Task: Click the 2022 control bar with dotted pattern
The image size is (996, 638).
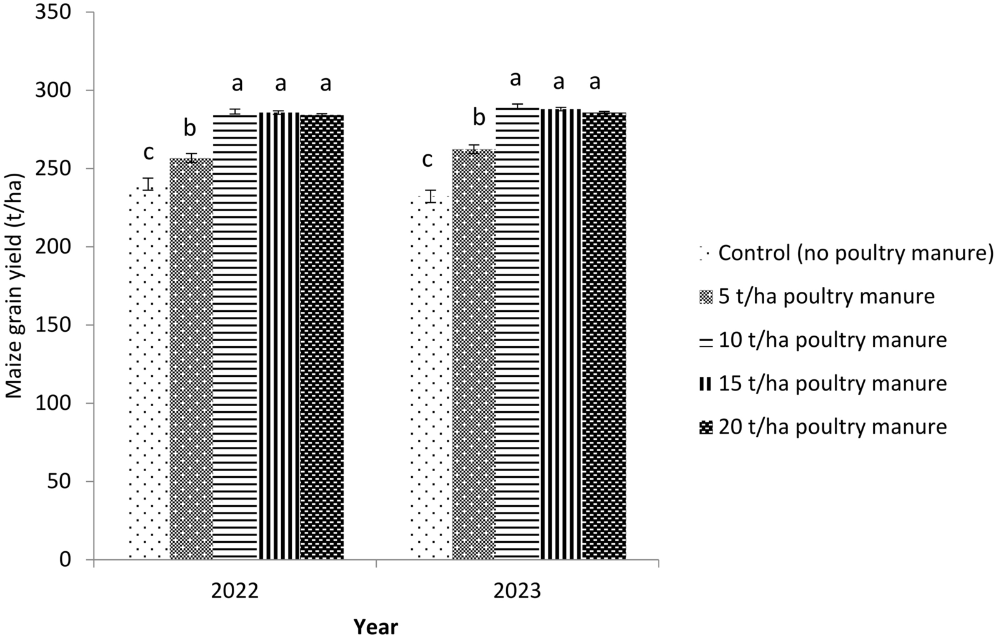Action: pos(149,375)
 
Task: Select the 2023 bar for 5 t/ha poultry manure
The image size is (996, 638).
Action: pos(474,356)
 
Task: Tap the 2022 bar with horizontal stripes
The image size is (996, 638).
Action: pos(235,337)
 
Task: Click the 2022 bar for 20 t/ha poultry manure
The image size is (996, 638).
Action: pos(322,337)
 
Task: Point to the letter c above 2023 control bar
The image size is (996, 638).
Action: pos(427,160)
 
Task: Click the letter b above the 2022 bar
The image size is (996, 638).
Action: pos(190,129)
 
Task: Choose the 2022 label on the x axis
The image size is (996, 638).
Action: pos(235,592)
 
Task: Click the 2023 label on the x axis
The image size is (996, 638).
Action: pos(517,592)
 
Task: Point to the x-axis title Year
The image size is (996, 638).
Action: pos(376,626)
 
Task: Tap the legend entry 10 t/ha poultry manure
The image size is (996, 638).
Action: pos(832,341)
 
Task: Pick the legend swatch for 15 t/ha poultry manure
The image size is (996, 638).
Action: pos(705,384)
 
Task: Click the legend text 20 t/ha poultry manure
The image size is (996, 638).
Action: pos(832,427)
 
